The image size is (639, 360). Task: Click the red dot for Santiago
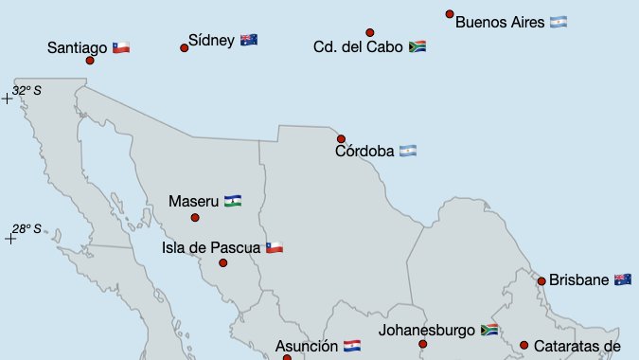coord(90,61)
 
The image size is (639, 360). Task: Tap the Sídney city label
coord(211,40)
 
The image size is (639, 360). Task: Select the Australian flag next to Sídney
coord(249,40)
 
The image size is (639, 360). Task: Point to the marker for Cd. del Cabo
coord(370,32)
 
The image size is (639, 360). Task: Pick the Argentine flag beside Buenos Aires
coord(559,22)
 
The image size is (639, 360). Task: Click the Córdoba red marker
coord(341,139)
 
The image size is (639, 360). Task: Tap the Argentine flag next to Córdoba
coord(408,151)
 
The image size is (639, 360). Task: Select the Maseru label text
coord(194,201)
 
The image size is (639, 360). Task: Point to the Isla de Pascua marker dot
coord(223,262)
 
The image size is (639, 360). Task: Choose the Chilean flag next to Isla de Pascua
coord(275,247)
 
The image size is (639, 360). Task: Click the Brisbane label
coord(578,279)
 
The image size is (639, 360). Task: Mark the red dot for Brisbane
coord(541,280)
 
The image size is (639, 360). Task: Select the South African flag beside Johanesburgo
coord(489,331)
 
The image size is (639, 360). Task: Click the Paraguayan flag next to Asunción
coord(352,347)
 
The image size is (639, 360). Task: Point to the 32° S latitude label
coord(27,90)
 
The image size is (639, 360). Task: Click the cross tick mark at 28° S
coord(10,239)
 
